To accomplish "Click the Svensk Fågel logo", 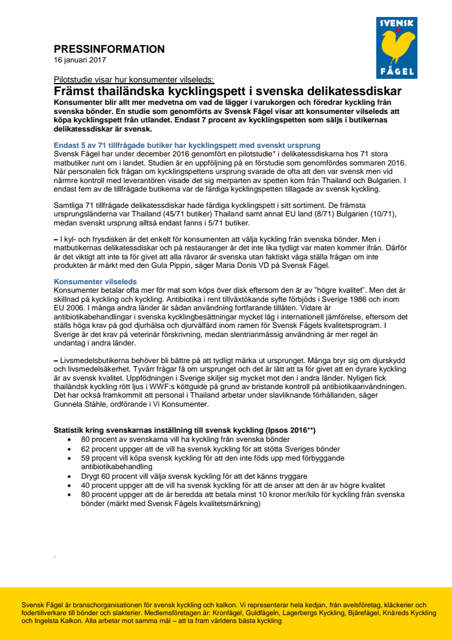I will tap(396, 48).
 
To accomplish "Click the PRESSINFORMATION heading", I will tap(109, 49).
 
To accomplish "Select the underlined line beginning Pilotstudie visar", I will tap(130, 79).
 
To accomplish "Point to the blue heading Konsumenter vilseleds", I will tap(95, 282).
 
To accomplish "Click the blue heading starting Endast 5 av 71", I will tap(187, 145).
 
